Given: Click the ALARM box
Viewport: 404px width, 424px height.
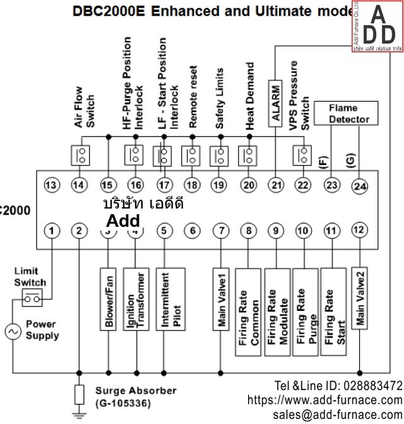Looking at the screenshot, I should coord(275,103).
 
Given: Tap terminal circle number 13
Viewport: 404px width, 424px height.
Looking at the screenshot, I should coord(52,185).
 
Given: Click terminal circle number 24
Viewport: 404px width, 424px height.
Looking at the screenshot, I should coord(360,186).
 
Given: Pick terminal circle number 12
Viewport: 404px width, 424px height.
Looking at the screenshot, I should coord(360,230).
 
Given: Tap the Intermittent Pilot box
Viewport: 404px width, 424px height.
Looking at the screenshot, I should coord(169,299).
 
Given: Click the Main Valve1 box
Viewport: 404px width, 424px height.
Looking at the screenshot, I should coord(222,299).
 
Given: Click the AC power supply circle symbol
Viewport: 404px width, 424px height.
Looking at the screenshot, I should coord(13,332).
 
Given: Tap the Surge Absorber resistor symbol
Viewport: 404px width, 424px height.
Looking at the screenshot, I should coord(79,395).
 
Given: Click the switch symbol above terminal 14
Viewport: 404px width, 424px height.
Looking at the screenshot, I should coord(80,154).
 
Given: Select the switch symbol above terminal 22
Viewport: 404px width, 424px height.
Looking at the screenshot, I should coord(304,154).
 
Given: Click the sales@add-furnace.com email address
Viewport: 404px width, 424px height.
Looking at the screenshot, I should coord(337,414).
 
